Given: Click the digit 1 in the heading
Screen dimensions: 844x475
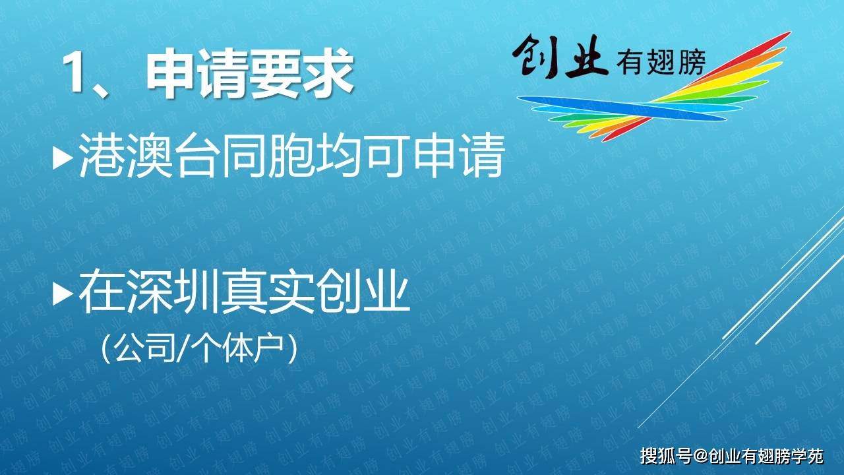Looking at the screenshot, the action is [73, 73].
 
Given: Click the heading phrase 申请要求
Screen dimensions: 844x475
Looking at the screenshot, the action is [250, 73].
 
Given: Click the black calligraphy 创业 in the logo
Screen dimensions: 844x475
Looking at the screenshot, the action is [560, 57].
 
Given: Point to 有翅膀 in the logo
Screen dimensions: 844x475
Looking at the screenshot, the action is [661, 61].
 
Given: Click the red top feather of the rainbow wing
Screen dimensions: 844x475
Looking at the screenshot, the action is [738, 57].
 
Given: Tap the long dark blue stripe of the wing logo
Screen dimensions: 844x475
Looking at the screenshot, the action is [622, 108].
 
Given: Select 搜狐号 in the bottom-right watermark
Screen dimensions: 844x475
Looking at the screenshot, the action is [666, 457].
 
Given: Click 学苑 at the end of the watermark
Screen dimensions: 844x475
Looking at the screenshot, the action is [807, 457].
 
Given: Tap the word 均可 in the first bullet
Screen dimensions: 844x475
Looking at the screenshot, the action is [361, 156].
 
